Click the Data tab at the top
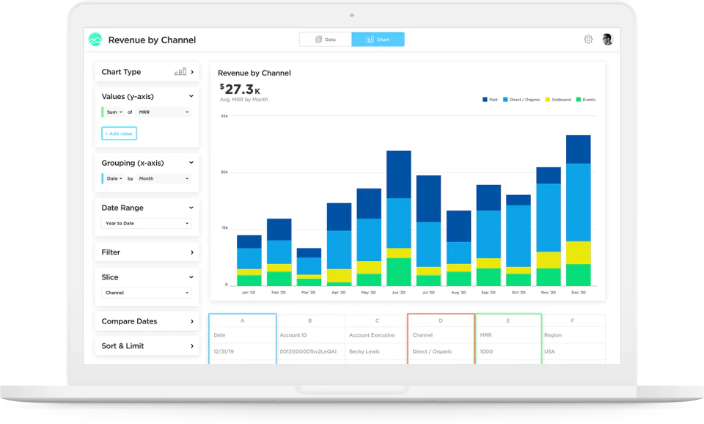[x=326, y=40]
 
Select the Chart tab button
[x=378, y=40]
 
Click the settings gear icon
[x=588, y=40]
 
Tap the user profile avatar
[x=607, y=40]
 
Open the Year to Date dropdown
[x=147, y=223]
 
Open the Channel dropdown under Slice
[x=147, y=293]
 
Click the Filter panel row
[x=147, y=252]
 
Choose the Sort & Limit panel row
[x=147, y=346]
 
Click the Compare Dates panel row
[x=147, y=321]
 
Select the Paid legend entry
[x=490, y=100]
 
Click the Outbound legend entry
[x=557, y=100]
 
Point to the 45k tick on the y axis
[x=224, y=116]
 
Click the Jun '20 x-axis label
[x=398, y=293]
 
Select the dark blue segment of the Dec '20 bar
[x=578, y=149]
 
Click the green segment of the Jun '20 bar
[x=398, y=271]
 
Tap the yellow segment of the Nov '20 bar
[x=549, y=260]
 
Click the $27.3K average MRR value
[x=241, y=89]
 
